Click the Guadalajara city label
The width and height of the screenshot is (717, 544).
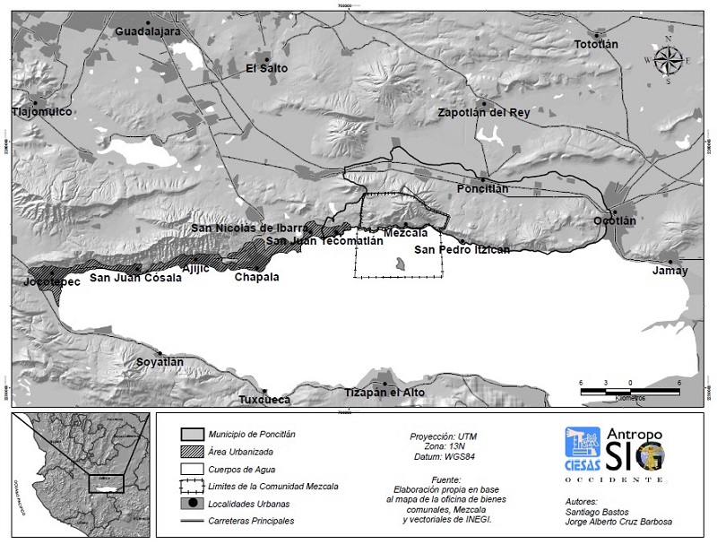click(148, 31)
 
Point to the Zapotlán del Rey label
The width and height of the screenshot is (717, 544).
click(483, 113)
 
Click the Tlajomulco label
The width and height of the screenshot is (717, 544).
click(41, 112)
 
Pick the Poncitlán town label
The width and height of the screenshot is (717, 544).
click(482, 189)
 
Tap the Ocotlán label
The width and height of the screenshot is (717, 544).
click(615, 220)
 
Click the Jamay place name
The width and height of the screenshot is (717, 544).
click(669, 271)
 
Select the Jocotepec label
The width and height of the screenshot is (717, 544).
click(51, 281)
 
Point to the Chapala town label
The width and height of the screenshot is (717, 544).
click(256, 277)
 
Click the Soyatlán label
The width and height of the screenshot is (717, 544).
click(160, 362)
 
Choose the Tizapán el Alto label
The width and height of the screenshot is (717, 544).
click(385, 393)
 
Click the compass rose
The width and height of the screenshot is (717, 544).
click(668, 60)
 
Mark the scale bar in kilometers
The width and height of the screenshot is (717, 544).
click(630, 388)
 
